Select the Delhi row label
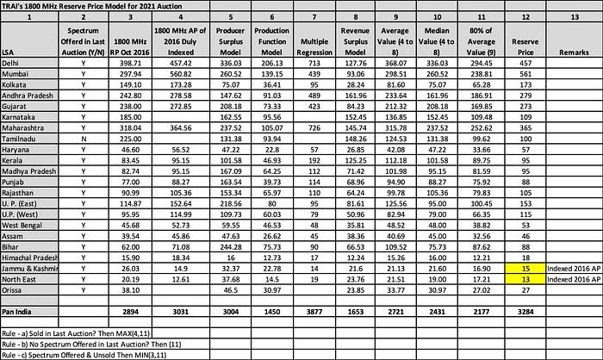point(13,62)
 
